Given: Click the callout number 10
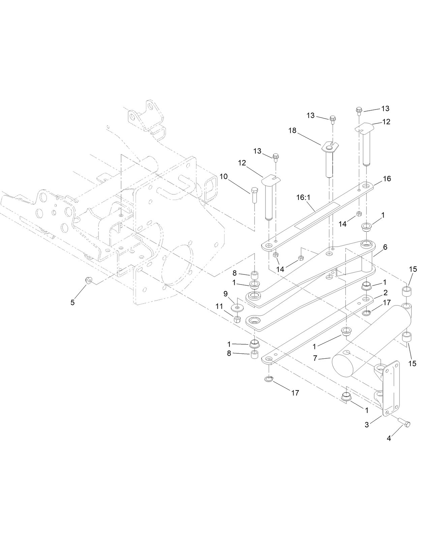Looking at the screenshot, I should (223, 176).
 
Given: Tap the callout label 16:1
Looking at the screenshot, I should (303, 198).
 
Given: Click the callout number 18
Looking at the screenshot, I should (292, 130).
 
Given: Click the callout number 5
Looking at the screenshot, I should (72, 302).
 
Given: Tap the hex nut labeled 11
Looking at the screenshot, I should (237, 319).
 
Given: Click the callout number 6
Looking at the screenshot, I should (385, 247).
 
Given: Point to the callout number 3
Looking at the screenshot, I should (367, 425).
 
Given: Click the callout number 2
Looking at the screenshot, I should (385, 292).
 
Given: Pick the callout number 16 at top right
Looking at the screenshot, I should (387, 179).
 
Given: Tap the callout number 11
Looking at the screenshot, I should (219, 306).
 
